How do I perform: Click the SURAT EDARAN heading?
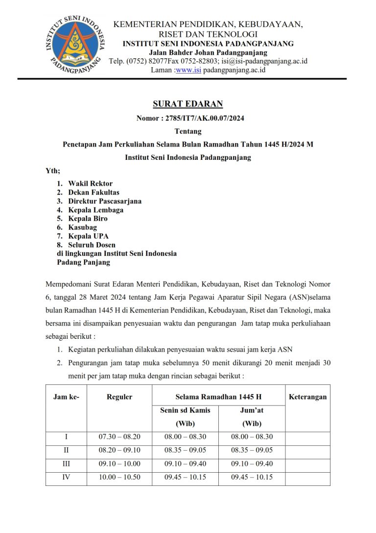(x=188, y=104)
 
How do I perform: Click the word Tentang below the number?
(x=188, y=131)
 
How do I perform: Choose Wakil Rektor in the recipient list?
(x=90, y=183)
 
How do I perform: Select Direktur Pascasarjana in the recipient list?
(x=105, y=201)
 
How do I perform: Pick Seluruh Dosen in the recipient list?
(x=92, y=245)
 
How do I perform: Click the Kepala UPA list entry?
(x=89, y=236)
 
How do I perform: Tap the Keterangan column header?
(x=307, y=397)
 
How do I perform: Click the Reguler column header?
(x=119, y=397)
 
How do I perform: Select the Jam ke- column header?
(x=66, y=397)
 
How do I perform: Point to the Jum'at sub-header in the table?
(x=252, y=410)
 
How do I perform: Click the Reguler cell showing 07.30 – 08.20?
(x=119, y=437)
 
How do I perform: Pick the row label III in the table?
(x=66, y=464)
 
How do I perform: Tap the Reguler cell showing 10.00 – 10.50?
(x=119, y=477)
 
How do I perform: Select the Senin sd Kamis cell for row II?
(x=185, y=450)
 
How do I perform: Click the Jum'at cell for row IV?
(x=252, y=477)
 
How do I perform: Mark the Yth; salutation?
(x=53, y=171)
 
